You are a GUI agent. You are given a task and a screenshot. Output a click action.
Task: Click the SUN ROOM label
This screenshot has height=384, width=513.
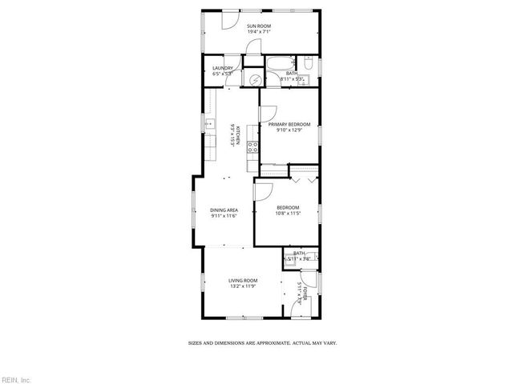[259, 26]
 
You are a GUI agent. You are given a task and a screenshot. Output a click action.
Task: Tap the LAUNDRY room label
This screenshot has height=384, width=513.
[222, 68]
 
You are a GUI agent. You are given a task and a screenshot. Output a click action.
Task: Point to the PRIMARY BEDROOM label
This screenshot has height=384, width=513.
[289, 124]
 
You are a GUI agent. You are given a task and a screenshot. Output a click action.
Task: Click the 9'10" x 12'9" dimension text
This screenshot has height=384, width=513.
[289, 130]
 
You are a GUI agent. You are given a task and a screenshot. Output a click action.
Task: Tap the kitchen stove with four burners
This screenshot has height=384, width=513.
[252, 146]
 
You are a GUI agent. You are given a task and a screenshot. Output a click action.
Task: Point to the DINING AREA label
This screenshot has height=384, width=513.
[224, 210]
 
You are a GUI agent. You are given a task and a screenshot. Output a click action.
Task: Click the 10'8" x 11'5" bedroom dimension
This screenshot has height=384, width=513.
[287, 214]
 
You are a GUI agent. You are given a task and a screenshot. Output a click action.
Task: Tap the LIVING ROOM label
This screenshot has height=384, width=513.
[243, 280]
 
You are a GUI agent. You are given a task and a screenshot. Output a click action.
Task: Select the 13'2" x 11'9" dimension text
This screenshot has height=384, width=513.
[243, 286]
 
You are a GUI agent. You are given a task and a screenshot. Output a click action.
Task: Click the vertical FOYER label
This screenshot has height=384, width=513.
[304, 293]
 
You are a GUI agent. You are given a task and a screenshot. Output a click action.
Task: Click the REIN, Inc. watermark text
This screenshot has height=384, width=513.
[15, 378]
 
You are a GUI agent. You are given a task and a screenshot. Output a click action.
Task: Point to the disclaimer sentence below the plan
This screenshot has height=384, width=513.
[262, 342]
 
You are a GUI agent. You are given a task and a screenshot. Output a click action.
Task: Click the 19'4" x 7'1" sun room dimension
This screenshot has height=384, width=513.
[259, 33]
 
